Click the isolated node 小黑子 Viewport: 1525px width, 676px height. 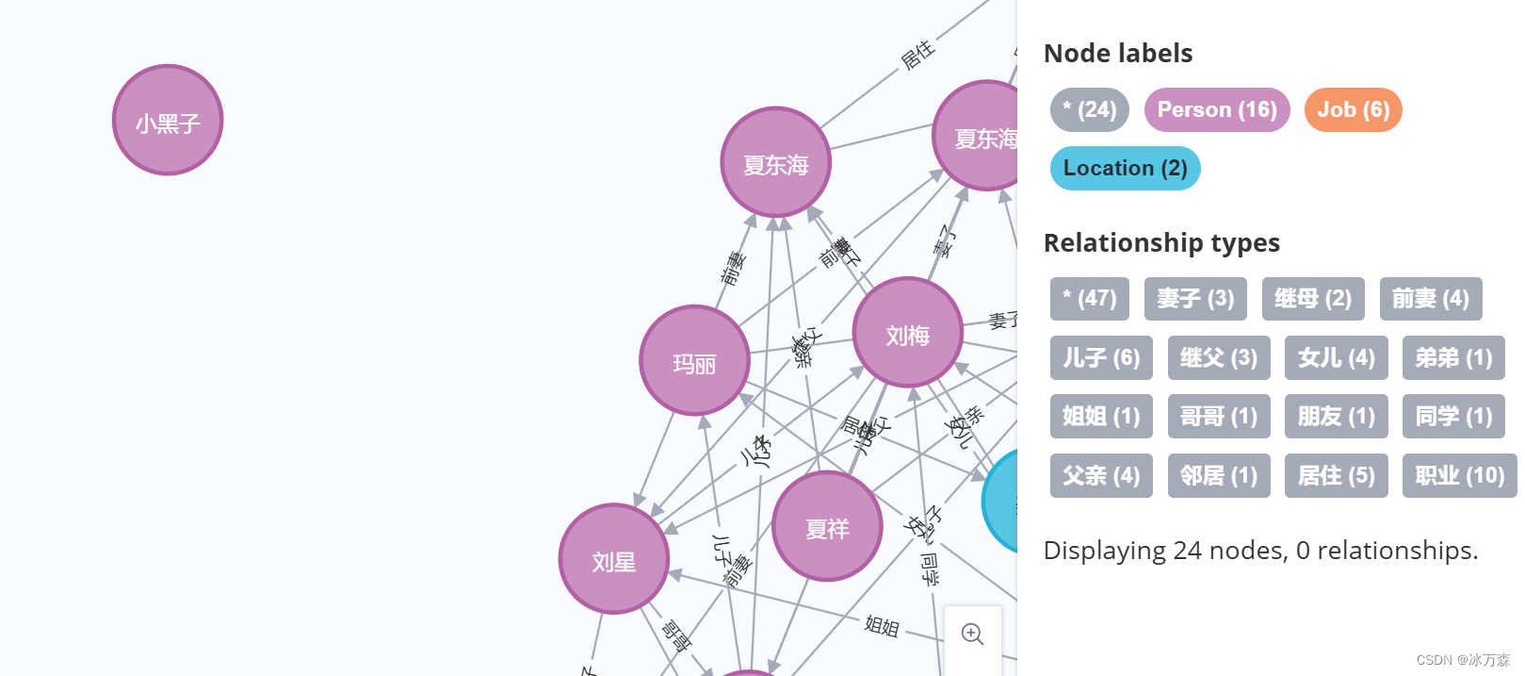[x=168, y=120]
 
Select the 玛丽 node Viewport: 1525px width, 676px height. [x=694, y=360]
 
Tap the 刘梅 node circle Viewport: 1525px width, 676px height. [x=907, y=332]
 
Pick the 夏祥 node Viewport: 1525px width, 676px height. [x=827, y=526]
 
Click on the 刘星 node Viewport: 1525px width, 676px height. [x=613, y=559]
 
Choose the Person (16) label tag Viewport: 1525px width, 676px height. [x=1216, y=110]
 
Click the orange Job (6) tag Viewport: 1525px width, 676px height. [x=1353, y=110]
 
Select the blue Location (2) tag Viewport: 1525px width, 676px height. [x=1125, y=169]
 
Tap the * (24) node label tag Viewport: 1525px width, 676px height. [x=1089, y=110]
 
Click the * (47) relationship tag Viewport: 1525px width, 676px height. [x=1089, y=299]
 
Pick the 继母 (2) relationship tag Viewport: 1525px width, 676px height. [x=1312, y=299]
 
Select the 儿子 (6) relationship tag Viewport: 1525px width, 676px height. [x=1100, y=358]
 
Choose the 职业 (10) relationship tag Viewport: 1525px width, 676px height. [x=1459, y=476]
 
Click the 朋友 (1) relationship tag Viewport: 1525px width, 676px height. [x=1336, y=417]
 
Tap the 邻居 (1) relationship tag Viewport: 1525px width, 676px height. [x=1218, y=476]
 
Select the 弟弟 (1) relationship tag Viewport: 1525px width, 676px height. [x=1452, y=358]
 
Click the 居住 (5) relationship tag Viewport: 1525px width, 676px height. [x=1336, y=476]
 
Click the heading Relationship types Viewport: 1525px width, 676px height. [x=1161, y=243]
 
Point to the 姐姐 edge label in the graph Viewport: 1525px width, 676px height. [x=882, y=625]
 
